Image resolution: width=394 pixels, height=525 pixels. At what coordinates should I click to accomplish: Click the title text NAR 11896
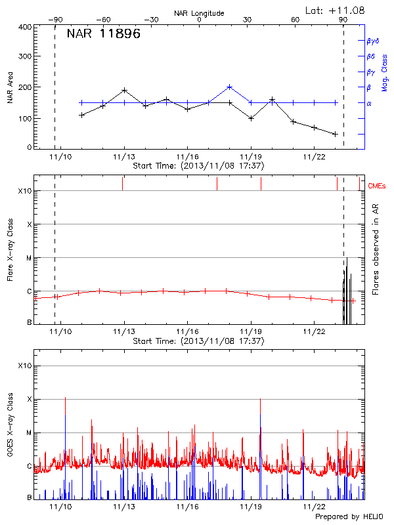coord(103,35)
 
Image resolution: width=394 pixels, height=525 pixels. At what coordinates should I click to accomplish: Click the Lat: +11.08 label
coord(336,10)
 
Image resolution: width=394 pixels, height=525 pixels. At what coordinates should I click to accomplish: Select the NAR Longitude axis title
coord(199,12)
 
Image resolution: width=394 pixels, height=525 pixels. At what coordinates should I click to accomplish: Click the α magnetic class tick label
coord(369,103)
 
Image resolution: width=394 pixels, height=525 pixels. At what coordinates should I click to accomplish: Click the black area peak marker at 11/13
coord(124,90)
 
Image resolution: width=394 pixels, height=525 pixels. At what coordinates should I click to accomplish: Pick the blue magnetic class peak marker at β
coord(229,87)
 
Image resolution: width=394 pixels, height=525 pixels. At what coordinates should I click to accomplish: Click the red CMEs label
coord(377,186)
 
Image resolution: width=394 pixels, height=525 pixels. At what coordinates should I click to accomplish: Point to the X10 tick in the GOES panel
coord(25,366)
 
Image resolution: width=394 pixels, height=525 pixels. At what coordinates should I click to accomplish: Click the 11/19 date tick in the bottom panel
coord(250,507)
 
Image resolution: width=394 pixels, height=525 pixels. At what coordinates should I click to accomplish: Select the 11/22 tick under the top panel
coord(314,157)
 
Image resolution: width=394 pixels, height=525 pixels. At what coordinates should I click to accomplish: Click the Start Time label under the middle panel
coord(198,341)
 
